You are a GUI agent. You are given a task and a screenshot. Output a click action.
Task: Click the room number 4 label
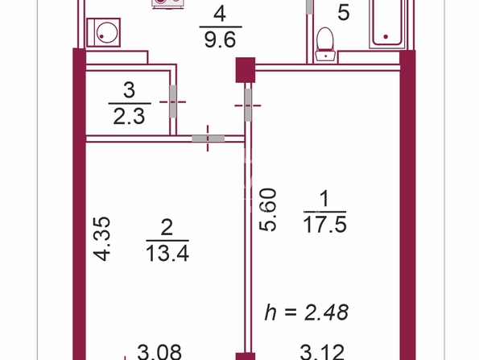pyautogui.click(x=220, y=14)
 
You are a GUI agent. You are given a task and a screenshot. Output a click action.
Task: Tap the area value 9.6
pyautogui.click(x=220, y=40)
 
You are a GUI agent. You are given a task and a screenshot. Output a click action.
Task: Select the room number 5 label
pyautogui.click(x=344, y=13)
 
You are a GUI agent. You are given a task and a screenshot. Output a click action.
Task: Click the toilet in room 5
pyautogui.click(x=325, y=44)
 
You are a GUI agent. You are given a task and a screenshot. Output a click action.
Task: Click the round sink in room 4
pyautogui.click(x=103, y=32)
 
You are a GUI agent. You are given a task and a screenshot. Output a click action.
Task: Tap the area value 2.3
pyautogui.click(x=129, y=117)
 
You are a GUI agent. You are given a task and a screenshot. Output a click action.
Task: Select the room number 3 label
pyautogui.click(x=130, y=90)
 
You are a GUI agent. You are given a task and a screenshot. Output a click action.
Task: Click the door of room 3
pyautogui.click(x=173, y=101)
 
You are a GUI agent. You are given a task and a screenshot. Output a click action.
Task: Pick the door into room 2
pyautogui.click(x=208, y=139)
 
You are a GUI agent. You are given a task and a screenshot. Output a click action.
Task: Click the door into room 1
pyautogui.click(x=248, y=105)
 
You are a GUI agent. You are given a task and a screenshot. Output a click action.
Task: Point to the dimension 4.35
pyautogui.click(x=101, y=238)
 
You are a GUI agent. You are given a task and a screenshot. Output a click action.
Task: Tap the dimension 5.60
pyautogui.click(x=267, y=209)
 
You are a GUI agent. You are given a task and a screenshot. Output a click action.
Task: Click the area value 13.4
pyautogui.click(x=167, y=254)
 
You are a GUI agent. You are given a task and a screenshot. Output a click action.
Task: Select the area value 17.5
pyautogui.click(x=324, y=226)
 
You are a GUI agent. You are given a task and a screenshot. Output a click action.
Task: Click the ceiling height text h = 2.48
pyautogui.click(x=307, y=312)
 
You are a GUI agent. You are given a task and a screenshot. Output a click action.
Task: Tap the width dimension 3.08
pyautogui.click(x=159, y=352)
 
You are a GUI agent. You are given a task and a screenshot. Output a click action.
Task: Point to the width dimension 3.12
pyautogui.click(x=322, y=352)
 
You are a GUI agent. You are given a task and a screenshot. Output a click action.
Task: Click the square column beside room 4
pyautogui.click(x=246, y=70)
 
